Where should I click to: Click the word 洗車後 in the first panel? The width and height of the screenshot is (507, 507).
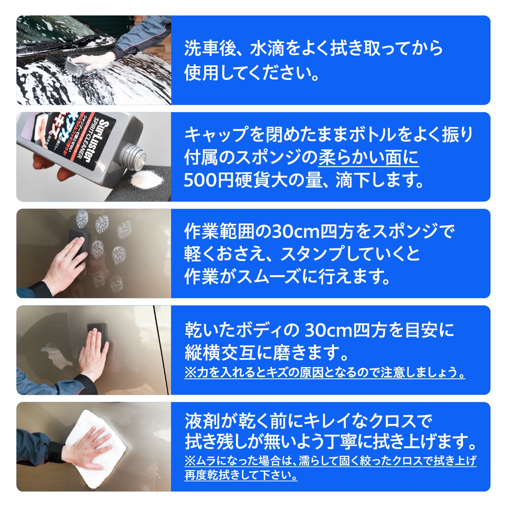click(x=209, y=48)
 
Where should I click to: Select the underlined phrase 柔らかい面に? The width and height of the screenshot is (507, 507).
click(x=369, y=158)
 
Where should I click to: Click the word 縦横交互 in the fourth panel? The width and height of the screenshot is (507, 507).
click(x=218, y=353)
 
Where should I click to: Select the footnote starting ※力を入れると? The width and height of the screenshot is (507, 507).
click(x=325, y=372)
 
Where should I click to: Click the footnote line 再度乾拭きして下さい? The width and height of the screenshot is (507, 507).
click(x=241, y=475)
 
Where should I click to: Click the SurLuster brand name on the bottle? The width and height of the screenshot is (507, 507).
click(x=96, y=141)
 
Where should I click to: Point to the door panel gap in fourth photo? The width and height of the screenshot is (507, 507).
click(x=162, y=350)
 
